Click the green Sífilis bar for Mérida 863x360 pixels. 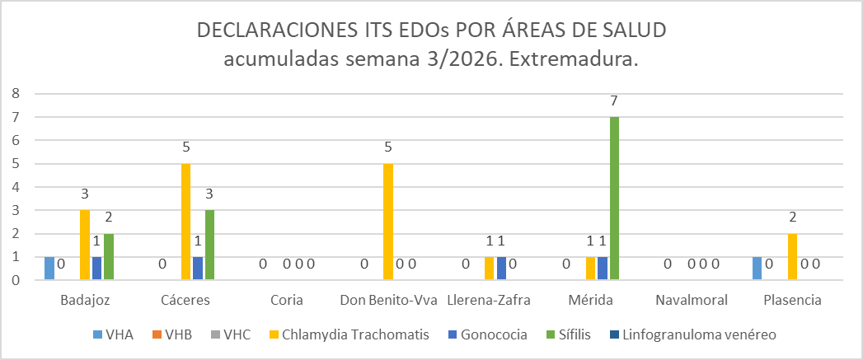coord(614,198)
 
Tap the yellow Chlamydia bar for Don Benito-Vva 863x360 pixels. coord(387,222)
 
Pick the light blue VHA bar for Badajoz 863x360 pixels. coord(49,269)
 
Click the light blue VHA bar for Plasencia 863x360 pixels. coord(757,269)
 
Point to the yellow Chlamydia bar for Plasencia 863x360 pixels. coord(792,257)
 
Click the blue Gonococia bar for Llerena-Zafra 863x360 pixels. coord(501,269)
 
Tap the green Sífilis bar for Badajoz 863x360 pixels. coord(108,257)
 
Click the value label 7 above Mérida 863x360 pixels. coord(614,101)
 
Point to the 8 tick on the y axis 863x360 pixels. coord(16,93)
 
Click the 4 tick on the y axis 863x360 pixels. coord(16,187)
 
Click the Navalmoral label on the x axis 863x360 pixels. coord(691,300)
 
